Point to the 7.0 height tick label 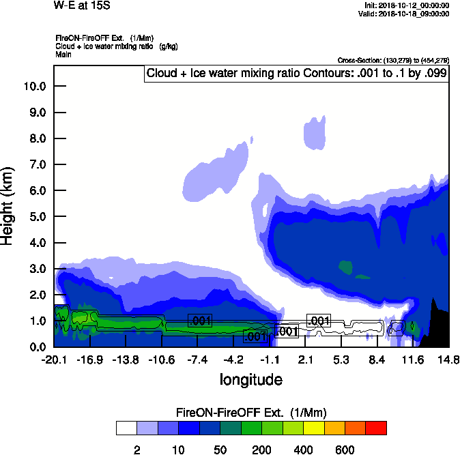tap(38, 164)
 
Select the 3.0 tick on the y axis tap(38, 269)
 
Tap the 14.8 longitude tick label tap(448, 359)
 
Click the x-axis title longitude tap(250, 379)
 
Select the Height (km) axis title tap(9, 205)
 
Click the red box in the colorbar tap(376, 428)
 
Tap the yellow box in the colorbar tap(313, 428)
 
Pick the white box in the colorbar tap(126, 428)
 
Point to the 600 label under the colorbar tap(345, 450)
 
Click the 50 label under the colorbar tap(220, 450)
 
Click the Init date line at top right tap(407, 5)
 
